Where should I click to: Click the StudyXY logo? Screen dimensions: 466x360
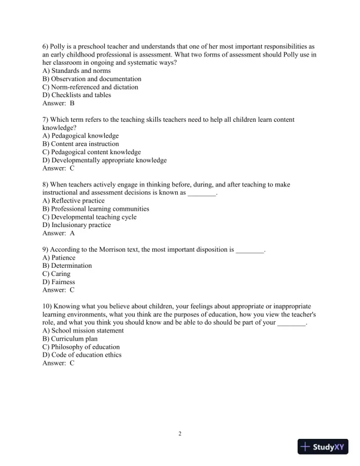(x=324, y=447)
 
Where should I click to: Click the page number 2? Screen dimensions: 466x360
(x=180, y=434)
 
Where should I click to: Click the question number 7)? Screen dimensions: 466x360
(x=46, y=119)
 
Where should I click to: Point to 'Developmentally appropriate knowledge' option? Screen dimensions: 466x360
(x=105, y=160)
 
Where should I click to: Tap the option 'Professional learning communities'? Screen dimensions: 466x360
(x=96, y=209)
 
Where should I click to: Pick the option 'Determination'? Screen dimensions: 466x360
(x=67, y=266)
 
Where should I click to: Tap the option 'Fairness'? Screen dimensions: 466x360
(x=59, y=282)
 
